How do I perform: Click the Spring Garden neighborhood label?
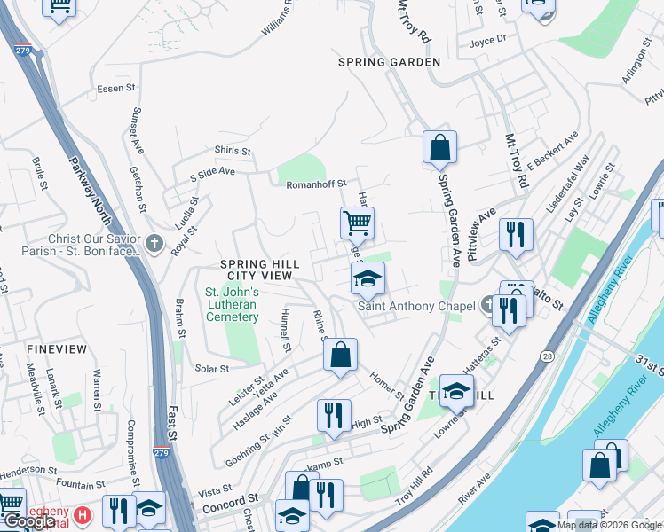tap(389, 62)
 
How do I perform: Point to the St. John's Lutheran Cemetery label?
tap(232, 304)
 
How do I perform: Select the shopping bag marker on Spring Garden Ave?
tap(439, 147)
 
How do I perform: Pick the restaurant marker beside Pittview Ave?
tap(516, 234)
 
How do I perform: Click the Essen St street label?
tap(115, 88)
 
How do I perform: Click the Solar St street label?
tap(211, 369)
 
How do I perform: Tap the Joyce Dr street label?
tap(487, 39)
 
